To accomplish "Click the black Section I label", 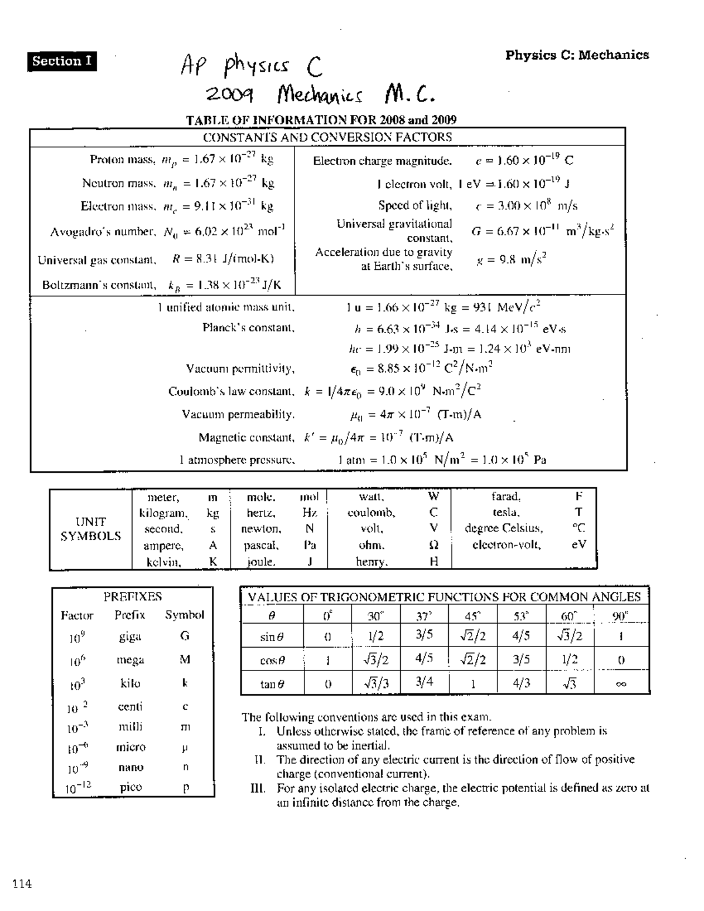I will tap(62, 61).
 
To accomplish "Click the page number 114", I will tap(20, 884).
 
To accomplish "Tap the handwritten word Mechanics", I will tap(320, 94).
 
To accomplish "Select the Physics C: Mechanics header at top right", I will tap(577, 55).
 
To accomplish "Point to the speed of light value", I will tap(526, 206).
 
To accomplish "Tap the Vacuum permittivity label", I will tap(240, 369).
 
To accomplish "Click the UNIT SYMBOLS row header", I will tap(91, 529).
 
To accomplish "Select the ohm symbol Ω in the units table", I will tap(434, 545).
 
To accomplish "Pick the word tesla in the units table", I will tap(506, 513).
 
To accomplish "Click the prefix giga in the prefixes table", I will tap(130, 636).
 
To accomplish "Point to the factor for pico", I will tap(78, 788).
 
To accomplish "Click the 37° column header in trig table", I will tap(424, 616).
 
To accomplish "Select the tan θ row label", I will tap(272, 683).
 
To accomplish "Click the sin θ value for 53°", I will tap(521, 636).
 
